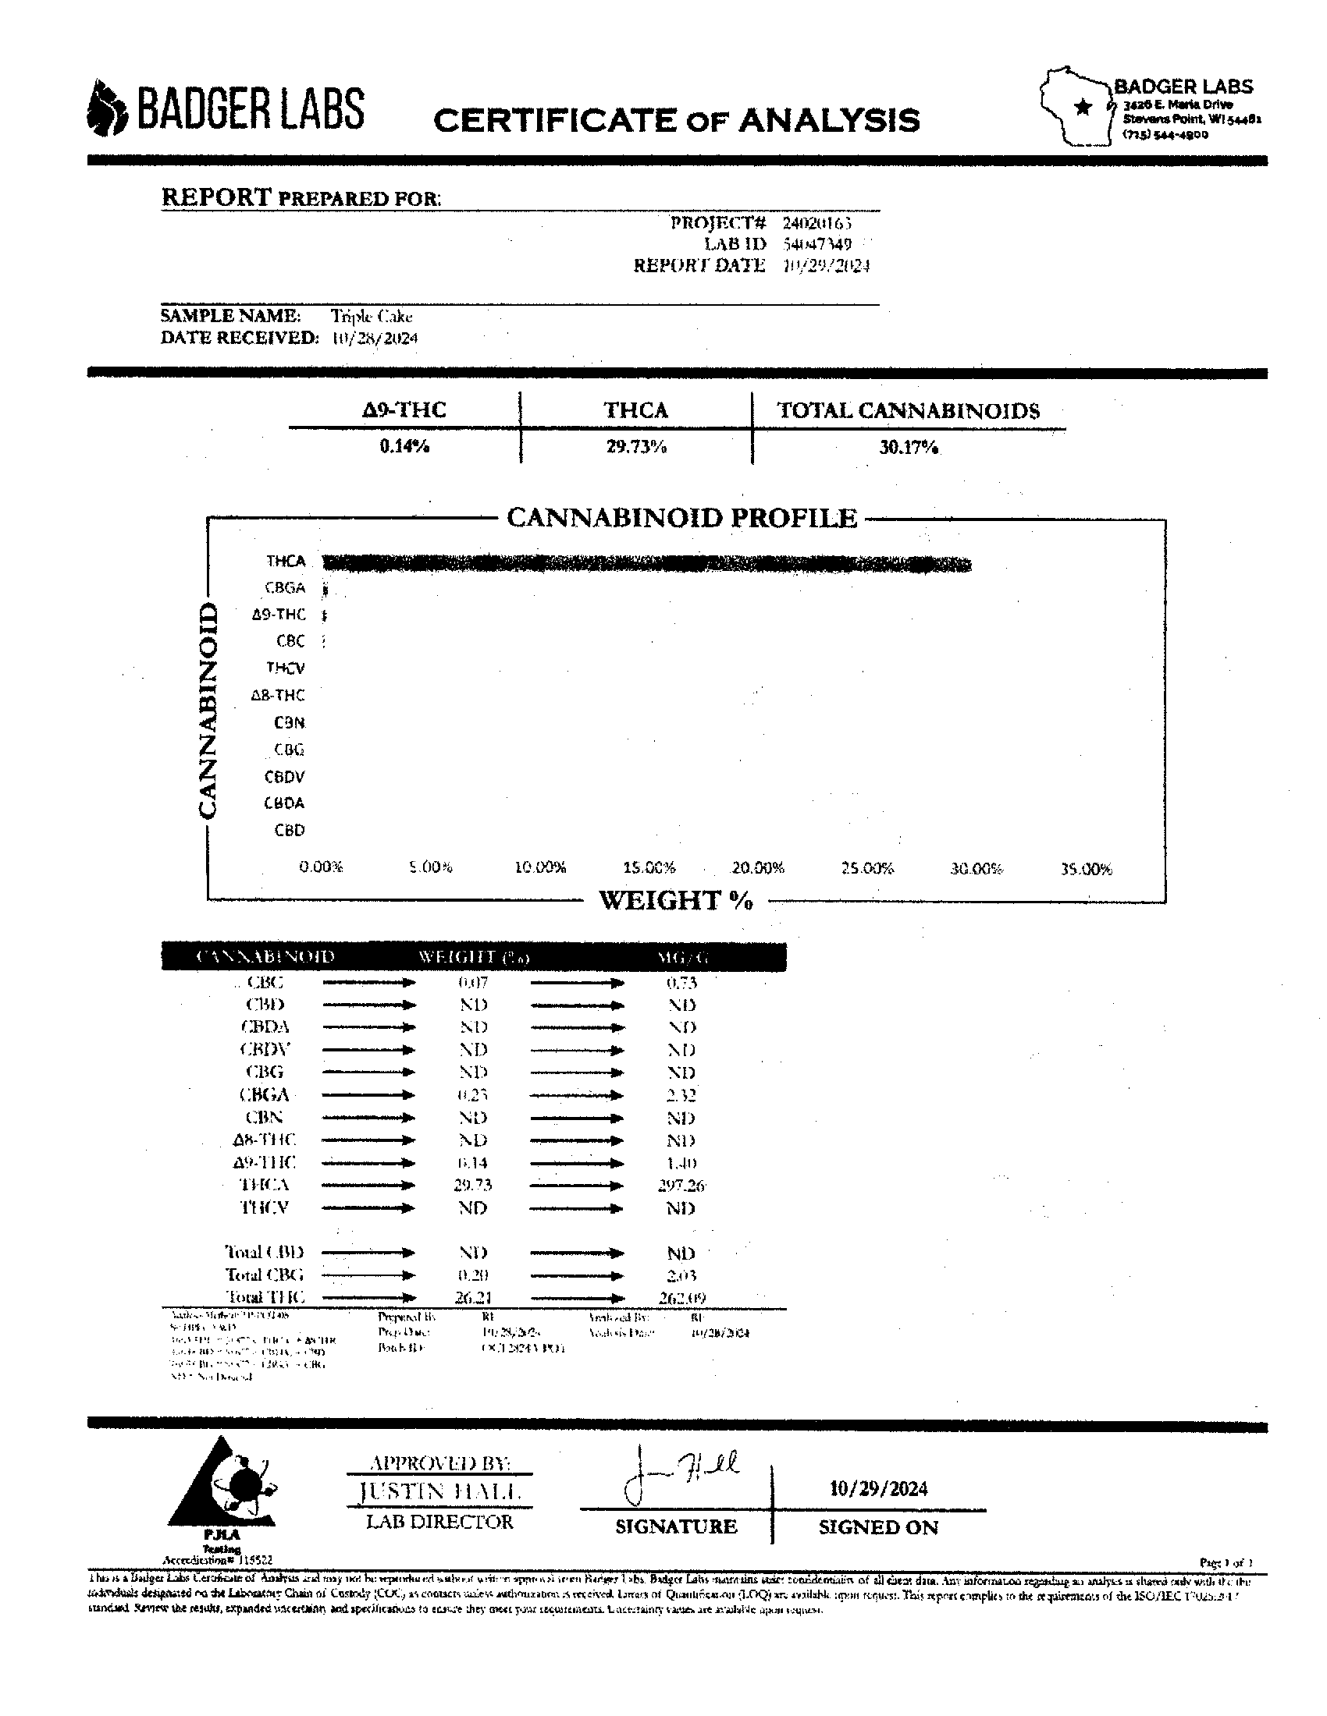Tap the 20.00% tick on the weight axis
pyautogui.click(x=758, y=868)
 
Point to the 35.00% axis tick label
pyautogui.click(x=1086, y=869)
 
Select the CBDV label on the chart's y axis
pyautogui.click(x=285, y=777)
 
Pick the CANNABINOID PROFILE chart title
pyautogui.click(x=681, y=518)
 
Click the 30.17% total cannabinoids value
pyautogui.click(x=909, y=447)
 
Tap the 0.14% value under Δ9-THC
pyautogui.click(x=404, y=446)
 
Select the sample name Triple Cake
pyautogui.click(x=371, y=316)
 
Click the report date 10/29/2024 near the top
pyautogui.click(x=826, y=265)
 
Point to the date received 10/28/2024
pyautogui.click(x=374, y=338)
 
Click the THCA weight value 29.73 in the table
pyautogui.click(x=472, y=1185)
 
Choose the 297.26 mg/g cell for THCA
pyautogui.click(x=681, y=1185)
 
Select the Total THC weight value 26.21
pyautogui.click(x=472, y=1297)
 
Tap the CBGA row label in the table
pyautogui.click(x=265, y=1094)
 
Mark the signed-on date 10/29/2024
pyautogui.click(x=878, y=1488)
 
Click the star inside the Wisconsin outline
pyautogui.click(x=1083, y=107)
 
